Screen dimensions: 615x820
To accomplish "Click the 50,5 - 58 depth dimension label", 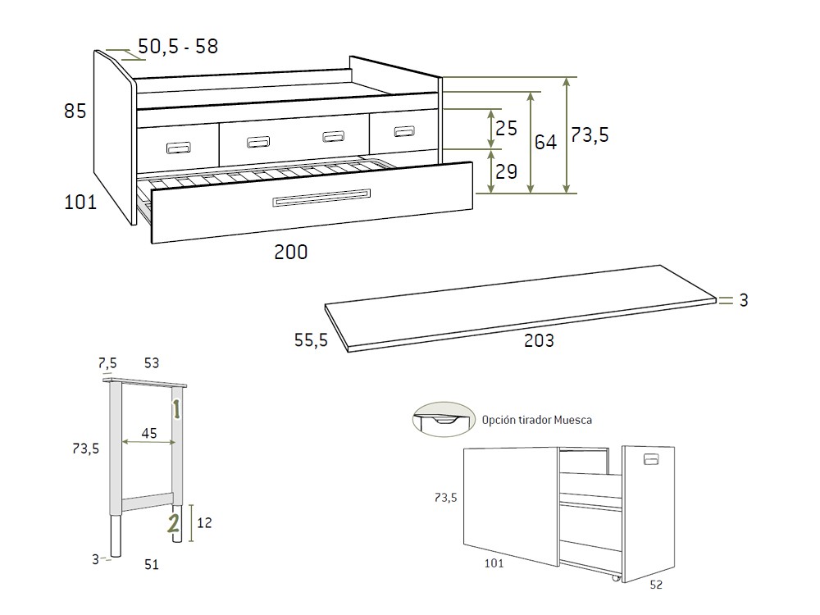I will click(178, 47).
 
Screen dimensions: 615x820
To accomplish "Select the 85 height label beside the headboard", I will click(75, 111).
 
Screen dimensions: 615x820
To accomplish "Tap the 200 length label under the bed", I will click(291, 253).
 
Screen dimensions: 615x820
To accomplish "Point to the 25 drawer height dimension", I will click(507, 129).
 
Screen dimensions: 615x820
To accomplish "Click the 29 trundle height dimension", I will click(507, 172).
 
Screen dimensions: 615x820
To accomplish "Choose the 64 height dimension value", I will click(545, 143).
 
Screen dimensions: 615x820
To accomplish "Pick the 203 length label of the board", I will click(539, 341).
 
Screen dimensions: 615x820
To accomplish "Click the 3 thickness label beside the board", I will click(744, 301).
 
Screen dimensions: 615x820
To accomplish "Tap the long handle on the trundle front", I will click(322, 198).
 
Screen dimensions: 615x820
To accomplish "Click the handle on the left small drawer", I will click(179, 148).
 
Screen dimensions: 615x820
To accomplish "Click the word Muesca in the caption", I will click(572, 420).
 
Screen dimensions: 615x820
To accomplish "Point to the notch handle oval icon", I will click(444, 419).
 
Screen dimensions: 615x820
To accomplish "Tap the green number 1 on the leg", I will click(175, 408).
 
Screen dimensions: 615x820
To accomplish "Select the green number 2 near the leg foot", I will click(174, 522).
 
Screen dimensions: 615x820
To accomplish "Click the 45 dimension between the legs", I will click(149, 434).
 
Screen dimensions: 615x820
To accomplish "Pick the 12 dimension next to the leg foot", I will click(204, 522).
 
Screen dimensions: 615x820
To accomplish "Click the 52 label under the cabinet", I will click(655, 585).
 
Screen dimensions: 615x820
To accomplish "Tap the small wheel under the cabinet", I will click(616, 578).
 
